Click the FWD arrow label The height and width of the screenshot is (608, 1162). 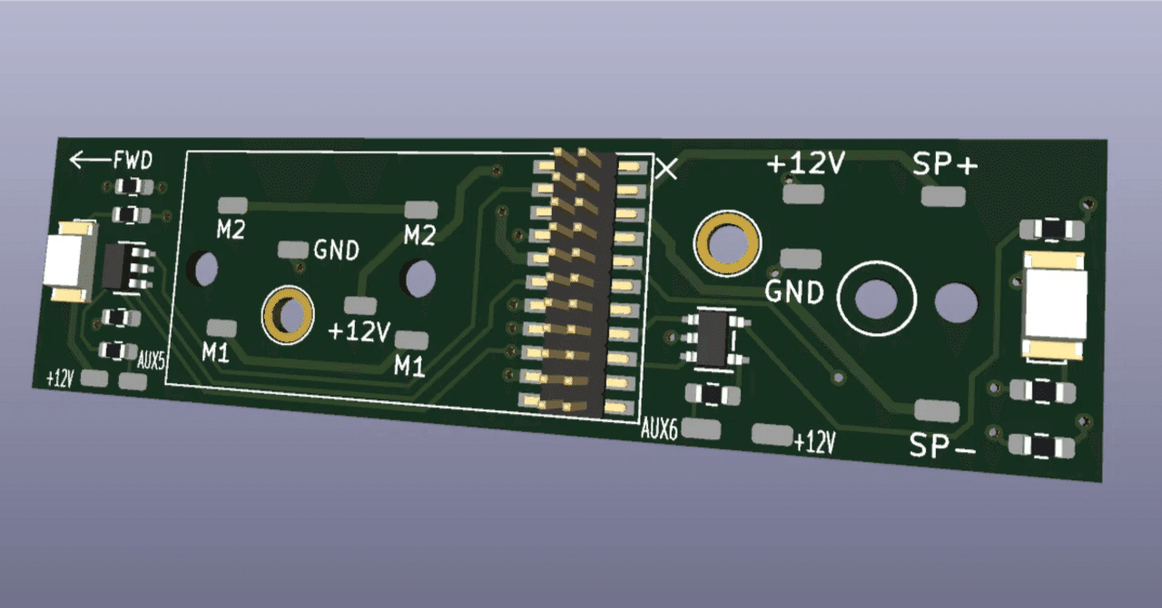[x=111, y=162]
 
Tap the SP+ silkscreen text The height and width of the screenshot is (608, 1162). [x=946, y=165]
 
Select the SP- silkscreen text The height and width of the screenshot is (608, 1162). [x=941, y=446]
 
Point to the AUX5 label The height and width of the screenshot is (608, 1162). [x=151, y=361]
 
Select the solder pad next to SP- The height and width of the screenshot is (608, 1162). [x=936, y=410]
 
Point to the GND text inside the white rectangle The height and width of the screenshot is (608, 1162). [x=336, y=250]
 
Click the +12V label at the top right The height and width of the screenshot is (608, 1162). [x=806, y=164]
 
